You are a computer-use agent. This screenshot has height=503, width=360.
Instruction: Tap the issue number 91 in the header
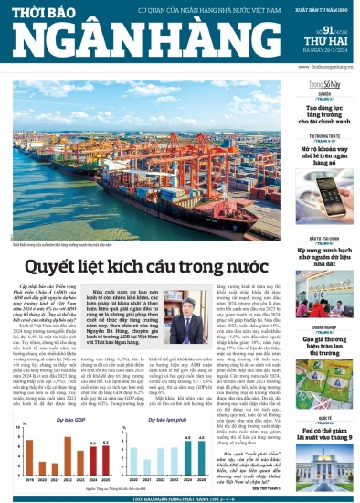point(309,34)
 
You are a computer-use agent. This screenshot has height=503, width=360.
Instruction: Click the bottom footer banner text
point(180,498)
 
